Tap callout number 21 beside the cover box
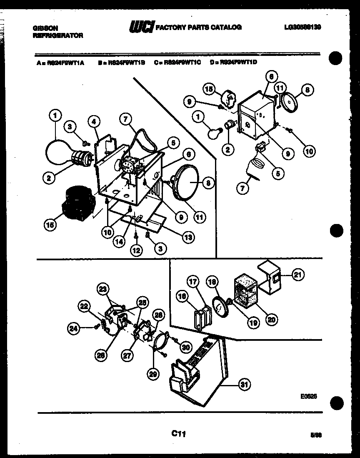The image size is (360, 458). pyautogui.click(x=298, y=274)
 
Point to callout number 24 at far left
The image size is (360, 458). pyautogui.click(x=74, y=328)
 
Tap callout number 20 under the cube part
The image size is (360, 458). pyautogui.click(x=271, y=320)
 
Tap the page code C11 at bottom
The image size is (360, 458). pyautogui.click(x=178, y=434)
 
